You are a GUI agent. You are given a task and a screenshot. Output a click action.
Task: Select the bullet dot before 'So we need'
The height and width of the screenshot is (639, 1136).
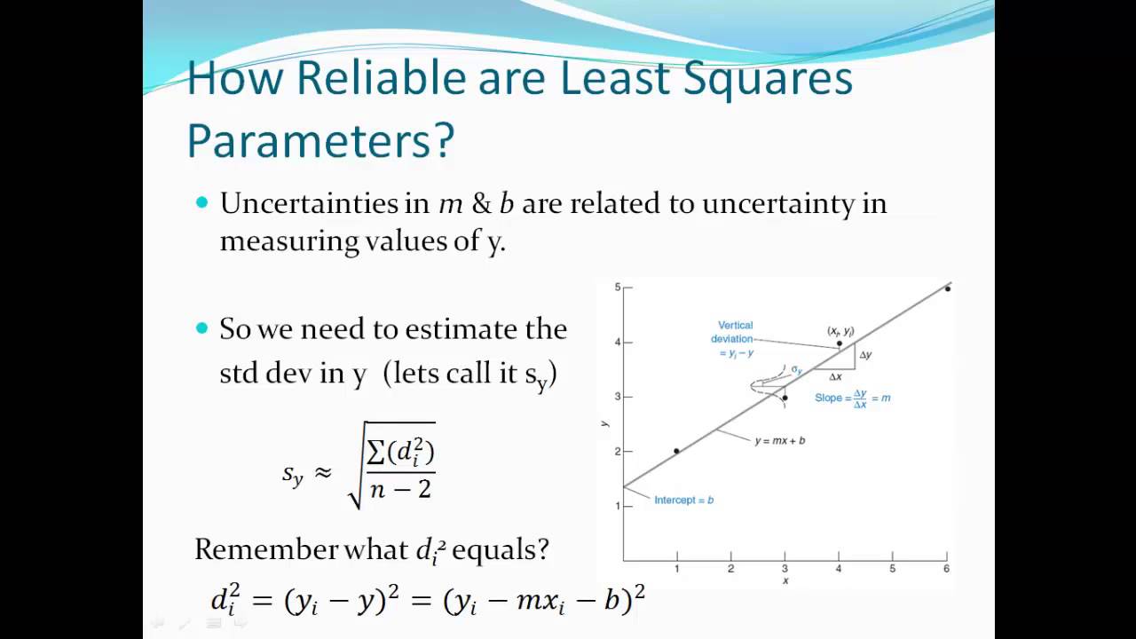(201, 328)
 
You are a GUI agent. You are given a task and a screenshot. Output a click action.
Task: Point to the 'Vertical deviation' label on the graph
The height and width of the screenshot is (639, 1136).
(734, 332)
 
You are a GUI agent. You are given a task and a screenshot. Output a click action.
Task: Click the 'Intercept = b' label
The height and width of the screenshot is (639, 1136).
(683, 501)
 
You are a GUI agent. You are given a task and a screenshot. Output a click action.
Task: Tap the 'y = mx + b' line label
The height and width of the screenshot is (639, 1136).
(779, 441)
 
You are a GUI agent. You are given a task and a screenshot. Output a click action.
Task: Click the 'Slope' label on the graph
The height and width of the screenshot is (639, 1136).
(828, 398)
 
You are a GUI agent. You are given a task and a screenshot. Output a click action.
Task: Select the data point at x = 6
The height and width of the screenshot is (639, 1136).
(947, 288)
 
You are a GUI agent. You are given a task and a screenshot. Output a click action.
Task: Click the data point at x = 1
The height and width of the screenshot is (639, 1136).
(676, 452)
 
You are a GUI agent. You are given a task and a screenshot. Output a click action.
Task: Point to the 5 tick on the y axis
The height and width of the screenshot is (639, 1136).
(617, 288)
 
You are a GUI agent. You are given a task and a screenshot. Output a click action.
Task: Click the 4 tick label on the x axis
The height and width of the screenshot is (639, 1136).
(839, 569)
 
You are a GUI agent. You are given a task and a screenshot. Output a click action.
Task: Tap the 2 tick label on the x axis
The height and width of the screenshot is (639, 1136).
(730, 569)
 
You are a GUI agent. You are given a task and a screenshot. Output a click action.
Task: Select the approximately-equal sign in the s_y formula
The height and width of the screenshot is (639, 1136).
(324, 472)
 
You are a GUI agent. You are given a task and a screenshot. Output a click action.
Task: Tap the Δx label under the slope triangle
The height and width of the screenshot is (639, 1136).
(834, 377)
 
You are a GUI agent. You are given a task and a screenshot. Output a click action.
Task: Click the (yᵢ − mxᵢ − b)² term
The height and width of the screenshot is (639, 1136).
(543, 601)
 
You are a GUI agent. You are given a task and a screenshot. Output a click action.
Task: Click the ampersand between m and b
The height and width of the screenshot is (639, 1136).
(481, 204)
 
